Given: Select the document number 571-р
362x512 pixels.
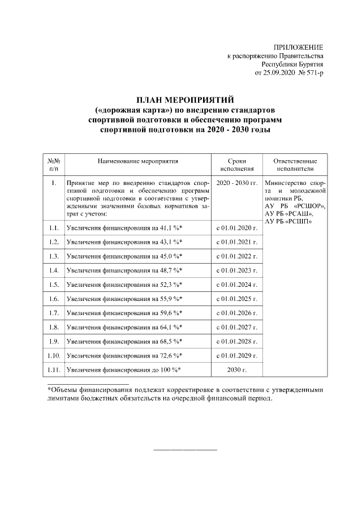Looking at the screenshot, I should pyautogui.click(x=314, y=74).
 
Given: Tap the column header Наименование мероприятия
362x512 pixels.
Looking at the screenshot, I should pyautogui.click(x=137, y=161).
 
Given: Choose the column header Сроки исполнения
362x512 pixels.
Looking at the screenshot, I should pyautogui.click(x=237, y=165).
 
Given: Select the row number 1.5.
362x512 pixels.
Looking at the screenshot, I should pyautogui.click(x=54, y=284).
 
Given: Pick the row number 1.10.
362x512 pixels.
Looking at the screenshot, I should pyautogui.click(x=54, y=355).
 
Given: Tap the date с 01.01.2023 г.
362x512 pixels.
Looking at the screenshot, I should pyautogui.click(x=237, y=270).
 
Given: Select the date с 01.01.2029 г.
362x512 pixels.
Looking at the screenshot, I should pyautogui.click(x=237, y=355).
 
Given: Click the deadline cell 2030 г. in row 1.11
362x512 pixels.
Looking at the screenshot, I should pyautogui.click(x=237, y=370).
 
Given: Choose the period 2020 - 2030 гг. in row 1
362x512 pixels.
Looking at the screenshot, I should pyautogui.click(x=237, y=184).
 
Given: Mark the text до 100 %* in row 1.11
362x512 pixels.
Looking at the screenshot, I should pyautogui.click(x=169, y=370).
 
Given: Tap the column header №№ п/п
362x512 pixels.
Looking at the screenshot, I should pyautogui.click(x=54, y=165).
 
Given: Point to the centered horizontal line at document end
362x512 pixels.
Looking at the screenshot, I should pyautogui.click(x=185, y=450).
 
